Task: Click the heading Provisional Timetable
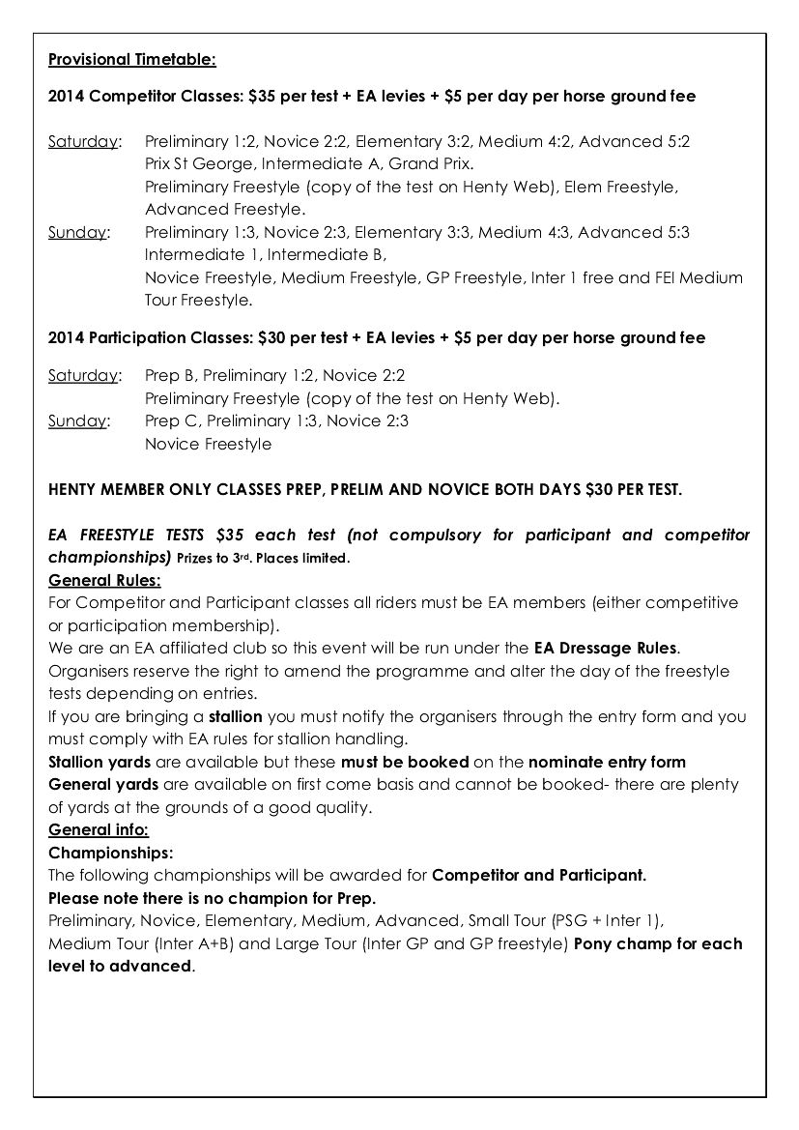(x=132, y=60)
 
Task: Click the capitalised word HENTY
(x=74, y=489)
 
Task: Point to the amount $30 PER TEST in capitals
(x=634, y=489)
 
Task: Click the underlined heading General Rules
(x=104, y=580)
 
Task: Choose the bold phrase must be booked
(x=405, y=762)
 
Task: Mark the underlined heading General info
(x=99, y=829)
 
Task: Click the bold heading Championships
(x=111, y=853)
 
